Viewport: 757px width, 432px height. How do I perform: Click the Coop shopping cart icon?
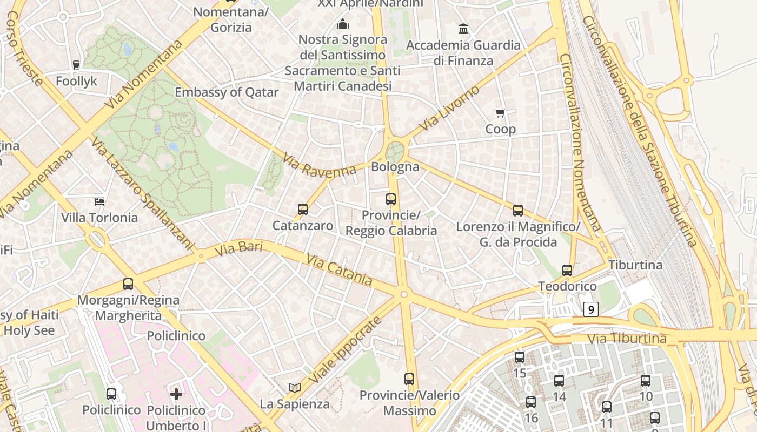click(x=501, y=113)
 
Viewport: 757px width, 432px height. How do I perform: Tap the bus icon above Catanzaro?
click(x=303, y=209)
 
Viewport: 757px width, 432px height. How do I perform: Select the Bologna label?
click(x=395, y=167)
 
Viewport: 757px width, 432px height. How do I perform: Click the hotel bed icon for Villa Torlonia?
click(x=99, y=202)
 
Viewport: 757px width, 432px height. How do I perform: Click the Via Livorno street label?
click(x=449, y=108)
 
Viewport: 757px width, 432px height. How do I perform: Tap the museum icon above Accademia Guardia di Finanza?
click(x=463, y=29)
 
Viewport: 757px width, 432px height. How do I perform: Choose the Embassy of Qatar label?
click(x=227, y=92)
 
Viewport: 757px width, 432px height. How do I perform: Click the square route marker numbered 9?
click(x=591, y=309)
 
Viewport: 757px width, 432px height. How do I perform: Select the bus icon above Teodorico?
click(x=567, y=270)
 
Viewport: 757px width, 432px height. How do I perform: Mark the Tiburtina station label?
click(x=635, y=265)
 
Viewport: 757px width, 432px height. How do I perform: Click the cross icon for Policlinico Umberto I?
click(x=176, y=394)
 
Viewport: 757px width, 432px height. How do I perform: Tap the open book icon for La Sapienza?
click(x=295, y=388)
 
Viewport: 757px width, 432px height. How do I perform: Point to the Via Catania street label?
click(x=339, y=270)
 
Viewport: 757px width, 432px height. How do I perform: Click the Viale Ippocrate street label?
click(x=347, y=349)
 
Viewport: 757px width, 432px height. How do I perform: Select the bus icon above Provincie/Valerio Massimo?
click(x=409, y=379)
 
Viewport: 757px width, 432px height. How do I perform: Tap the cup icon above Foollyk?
click(x=76, y=65)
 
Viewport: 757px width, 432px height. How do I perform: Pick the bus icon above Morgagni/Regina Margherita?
click(x=128, y=283)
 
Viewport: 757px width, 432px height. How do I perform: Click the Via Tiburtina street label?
click(x=627, y=339)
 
